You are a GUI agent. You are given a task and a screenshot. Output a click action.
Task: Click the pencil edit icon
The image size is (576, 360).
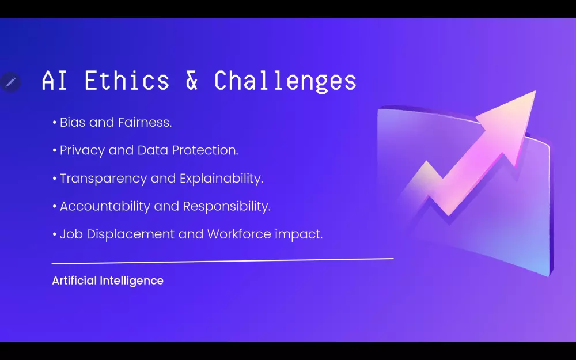[x=10, y=82]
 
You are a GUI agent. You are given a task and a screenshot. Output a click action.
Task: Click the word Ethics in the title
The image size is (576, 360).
[x=127, y=81]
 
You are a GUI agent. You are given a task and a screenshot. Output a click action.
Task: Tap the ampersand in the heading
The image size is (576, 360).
[x=192, y=81]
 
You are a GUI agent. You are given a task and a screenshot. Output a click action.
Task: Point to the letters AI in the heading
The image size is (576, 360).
[x=55, y=81]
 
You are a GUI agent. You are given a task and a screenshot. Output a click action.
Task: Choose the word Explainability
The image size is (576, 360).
[x=221, y=179]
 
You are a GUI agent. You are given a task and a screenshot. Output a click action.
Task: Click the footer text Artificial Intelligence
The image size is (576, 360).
[x=108, y=281]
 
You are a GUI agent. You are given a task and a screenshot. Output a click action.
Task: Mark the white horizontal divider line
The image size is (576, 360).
[x=222, y=261]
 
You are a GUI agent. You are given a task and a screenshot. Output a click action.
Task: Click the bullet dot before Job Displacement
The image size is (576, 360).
[x=54, y=235]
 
